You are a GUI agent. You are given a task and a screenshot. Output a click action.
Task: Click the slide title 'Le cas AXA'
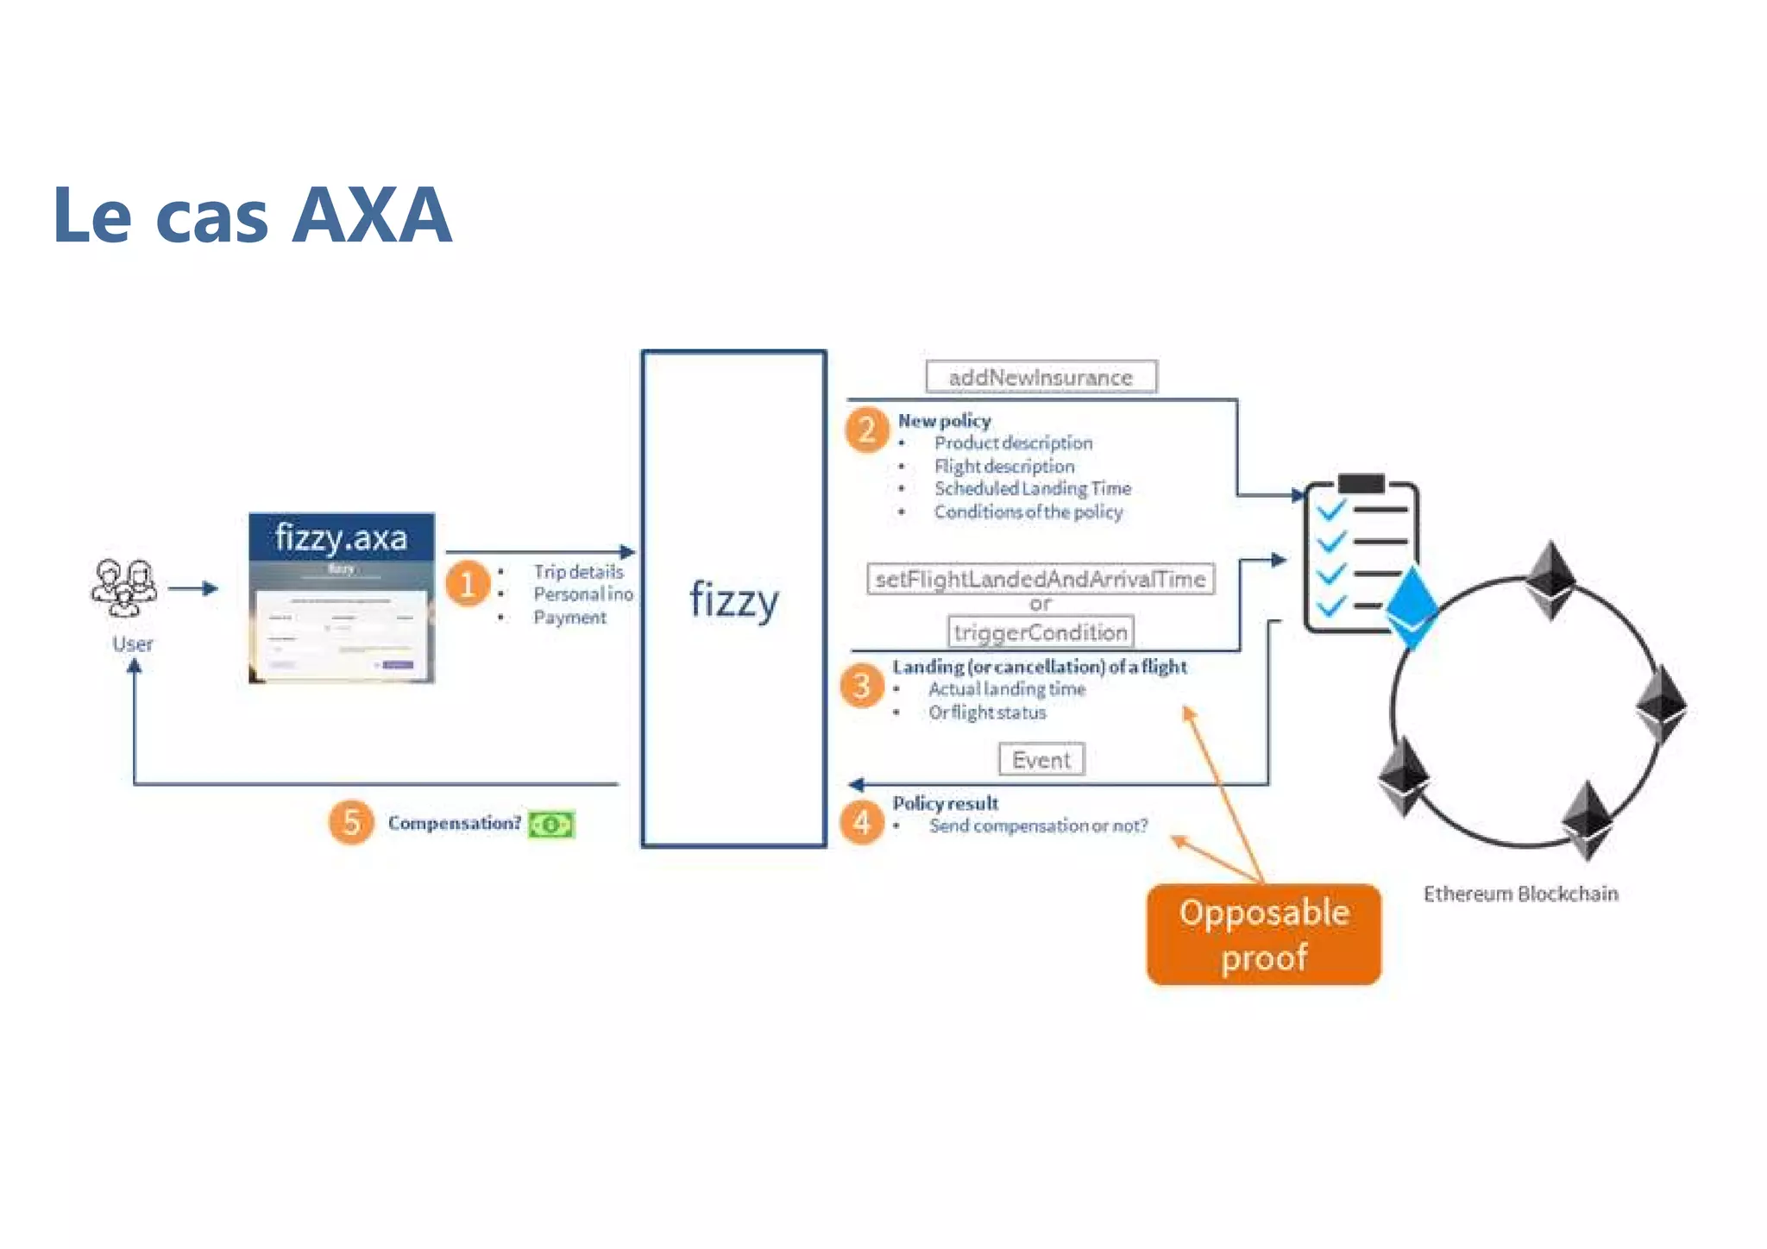coord(252,216)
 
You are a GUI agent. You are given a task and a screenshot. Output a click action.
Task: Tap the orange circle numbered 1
coord(468,584)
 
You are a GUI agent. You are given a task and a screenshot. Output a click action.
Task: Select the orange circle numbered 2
coord(867,430)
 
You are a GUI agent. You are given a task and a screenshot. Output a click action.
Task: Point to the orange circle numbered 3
coord(861,686)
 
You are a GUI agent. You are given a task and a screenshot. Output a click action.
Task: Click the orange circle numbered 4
coord(861,822)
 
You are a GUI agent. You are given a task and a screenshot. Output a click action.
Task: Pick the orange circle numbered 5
coord(350,822)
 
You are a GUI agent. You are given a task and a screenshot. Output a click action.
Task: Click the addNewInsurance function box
coord(1041,377)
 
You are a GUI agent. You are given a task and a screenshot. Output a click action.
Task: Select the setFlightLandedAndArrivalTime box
coord(1040,579)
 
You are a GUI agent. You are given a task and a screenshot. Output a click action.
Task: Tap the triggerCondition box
coord(1040,632)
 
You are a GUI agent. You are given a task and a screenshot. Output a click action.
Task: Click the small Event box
coord(1041,760)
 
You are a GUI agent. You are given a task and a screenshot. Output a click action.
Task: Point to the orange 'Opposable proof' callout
coord(1263,934)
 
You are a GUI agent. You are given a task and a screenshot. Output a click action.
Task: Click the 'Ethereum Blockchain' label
coord(1520,894)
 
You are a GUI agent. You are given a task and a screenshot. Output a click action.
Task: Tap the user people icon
coord(124,587)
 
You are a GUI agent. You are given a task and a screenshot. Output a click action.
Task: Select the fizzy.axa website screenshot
coord(342,598)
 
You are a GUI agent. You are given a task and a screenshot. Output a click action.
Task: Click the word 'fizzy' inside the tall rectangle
coord(734,600)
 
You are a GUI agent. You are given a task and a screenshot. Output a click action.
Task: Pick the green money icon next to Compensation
coord(551,825)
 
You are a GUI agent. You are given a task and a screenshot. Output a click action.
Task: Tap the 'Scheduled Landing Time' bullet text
coord(1032,488)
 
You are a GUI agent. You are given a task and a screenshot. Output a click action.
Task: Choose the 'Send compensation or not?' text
coord(1038,825)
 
